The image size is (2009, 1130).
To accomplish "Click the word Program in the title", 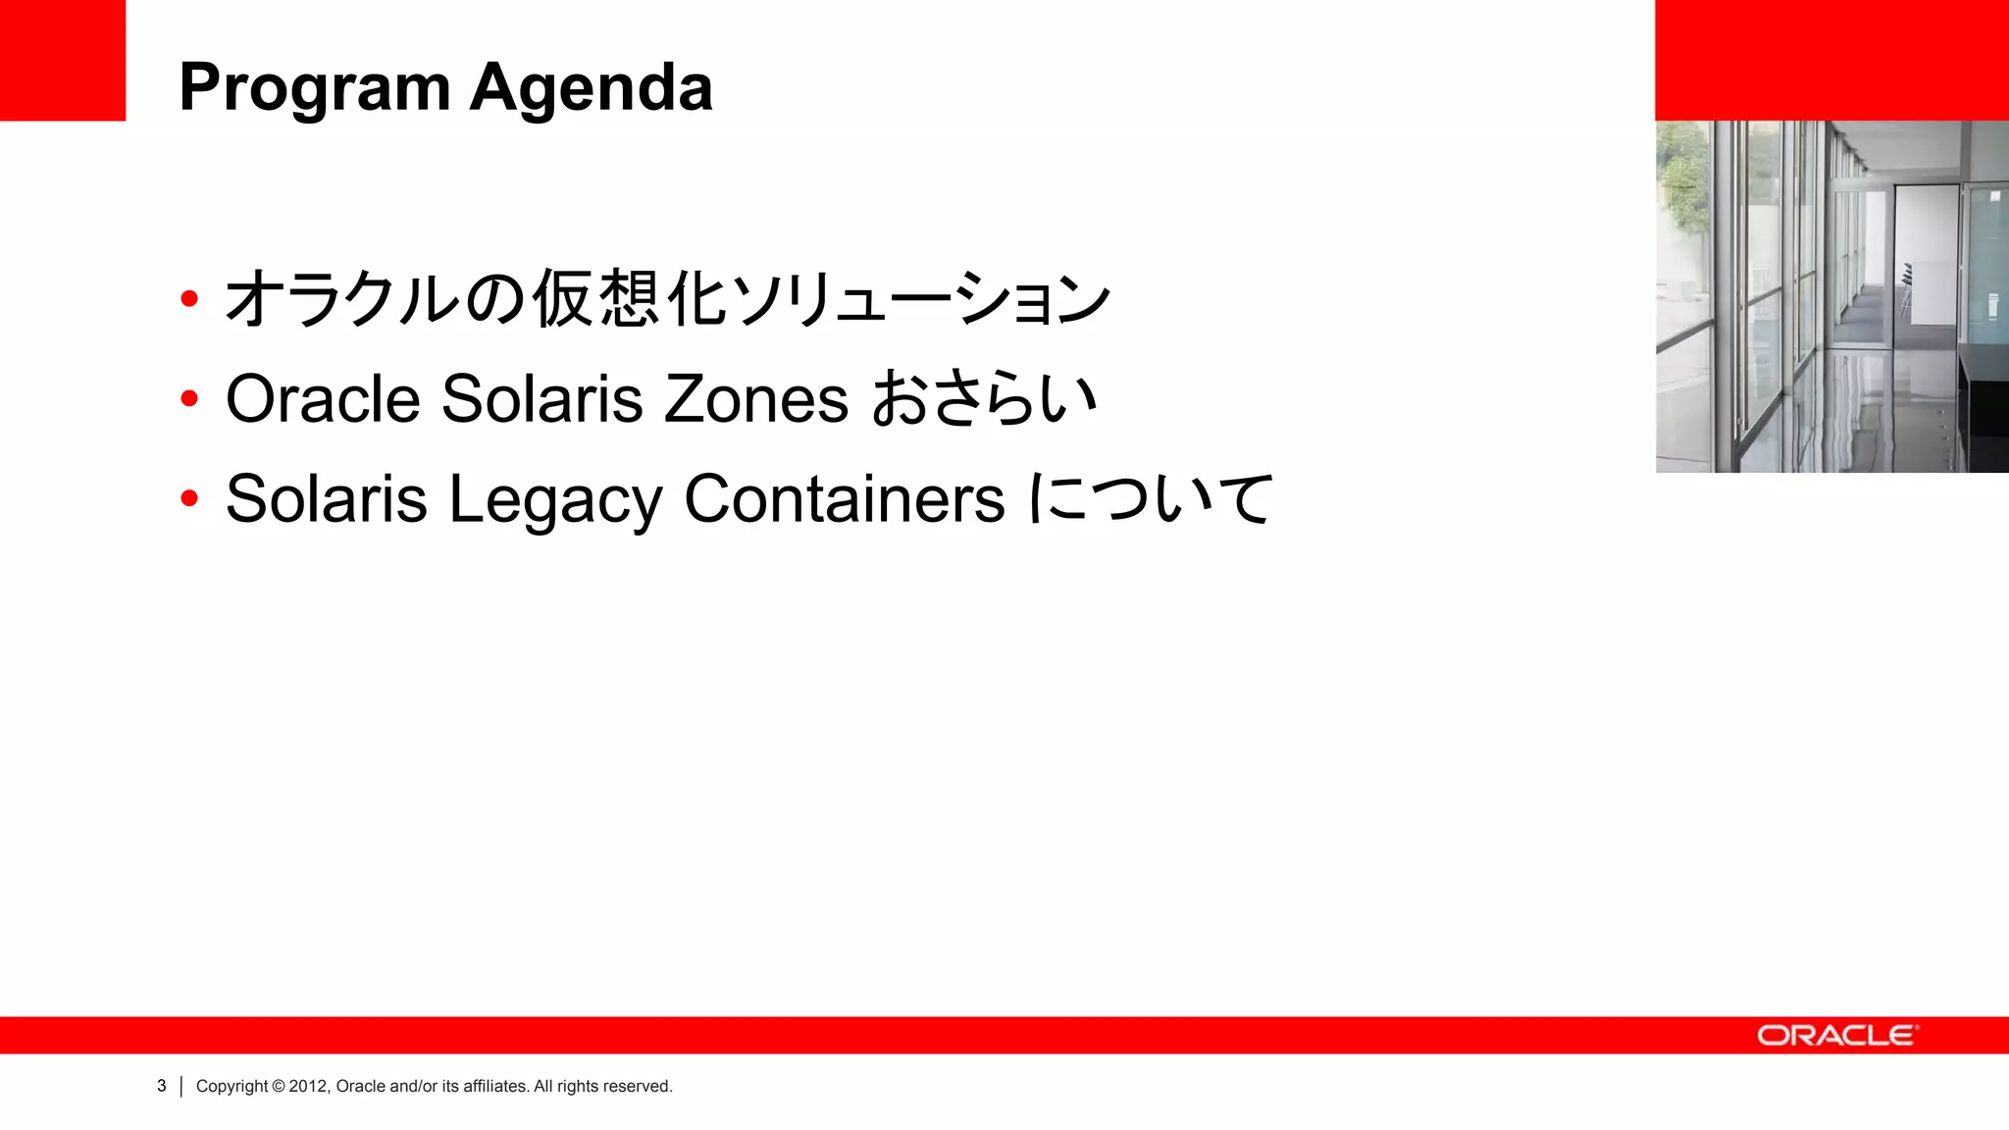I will pyautogui.click(x=314, y=88).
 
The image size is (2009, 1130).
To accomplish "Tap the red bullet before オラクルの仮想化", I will pyautogui.click(x=189, y=298).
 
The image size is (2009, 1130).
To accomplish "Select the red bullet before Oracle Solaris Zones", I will pyautogui.click(x=189, y=398).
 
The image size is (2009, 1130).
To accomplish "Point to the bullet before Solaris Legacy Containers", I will pyautogui.click(x=189, y=498).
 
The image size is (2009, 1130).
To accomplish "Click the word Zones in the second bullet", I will pyautogui.click(x=755, y=399).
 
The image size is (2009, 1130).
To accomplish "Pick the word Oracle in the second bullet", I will pyautogui.click(x=323, y=399).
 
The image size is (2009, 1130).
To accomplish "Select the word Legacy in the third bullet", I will pyautogui.click(x=555, y=500).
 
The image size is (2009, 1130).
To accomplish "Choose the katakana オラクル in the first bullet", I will pyautogui.click(x=342, y=298).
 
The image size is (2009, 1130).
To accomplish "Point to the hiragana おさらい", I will pyautogui.click(x=984, y=399).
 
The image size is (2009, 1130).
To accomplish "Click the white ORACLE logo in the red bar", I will pyautogui.click(x=1835, y=1036).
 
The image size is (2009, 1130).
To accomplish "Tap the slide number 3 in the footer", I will pyautogui.click(x=162, y=1086).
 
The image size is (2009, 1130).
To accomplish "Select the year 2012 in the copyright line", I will pyautogui.click(x=307, y=1086).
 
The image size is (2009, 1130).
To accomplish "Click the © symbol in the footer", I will pyautogui.click(x=278, y=1086).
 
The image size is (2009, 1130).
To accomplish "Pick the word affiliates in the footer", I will pyautogui.click(x=494, y=1086).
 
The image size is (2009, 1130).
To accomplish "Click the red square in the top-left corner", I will pyautogui.click(x=63, y=60).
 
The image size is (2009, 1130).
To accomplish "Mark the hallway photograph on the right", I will pyautogui.click(x=1831, y=296).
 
